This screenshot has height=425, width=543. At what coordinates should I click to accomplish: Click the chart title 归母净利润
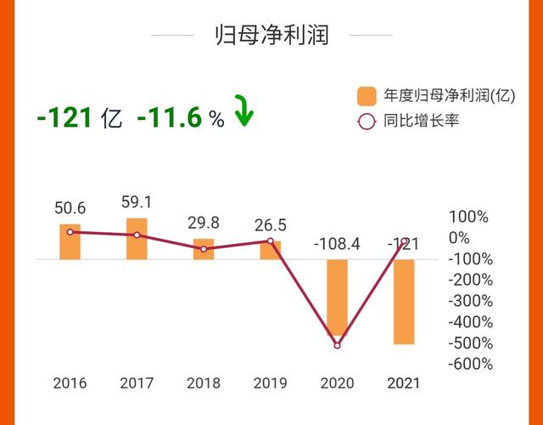[x=271, y=35]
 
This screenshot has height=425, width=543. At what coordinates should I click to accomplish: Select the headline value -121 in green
[x=64, y=118]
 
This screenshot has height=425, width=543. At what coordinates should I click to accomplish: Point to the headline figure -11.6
[x=170, y=118]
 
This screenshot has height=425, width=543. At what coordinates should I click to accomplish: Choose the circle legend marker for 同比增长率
[x=367, y=121]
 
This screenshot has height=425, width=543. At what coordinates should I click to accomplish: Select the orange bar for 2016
[x=70, y=242]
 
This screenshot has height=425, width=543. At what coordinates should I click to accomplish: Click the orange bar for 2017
[x=137, y=239]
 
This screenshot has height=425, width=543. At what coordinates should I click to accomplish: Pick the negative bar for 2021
[x=405, y=302]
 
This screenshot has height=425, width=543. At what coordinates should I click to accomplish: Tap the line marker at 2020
[x=337, y=345]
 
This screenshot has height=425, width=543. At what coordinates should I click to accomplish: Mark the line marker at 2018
[x=204, y=249]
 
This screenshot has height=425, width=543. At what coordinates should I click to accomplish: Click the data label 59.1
[x=137, y=203]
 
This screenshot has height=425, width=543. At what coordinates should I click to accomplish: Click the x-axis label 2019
[x=271, y=383]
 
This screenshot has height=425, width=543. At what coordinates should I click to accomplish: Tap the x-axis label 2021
[x=405, y=383]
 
